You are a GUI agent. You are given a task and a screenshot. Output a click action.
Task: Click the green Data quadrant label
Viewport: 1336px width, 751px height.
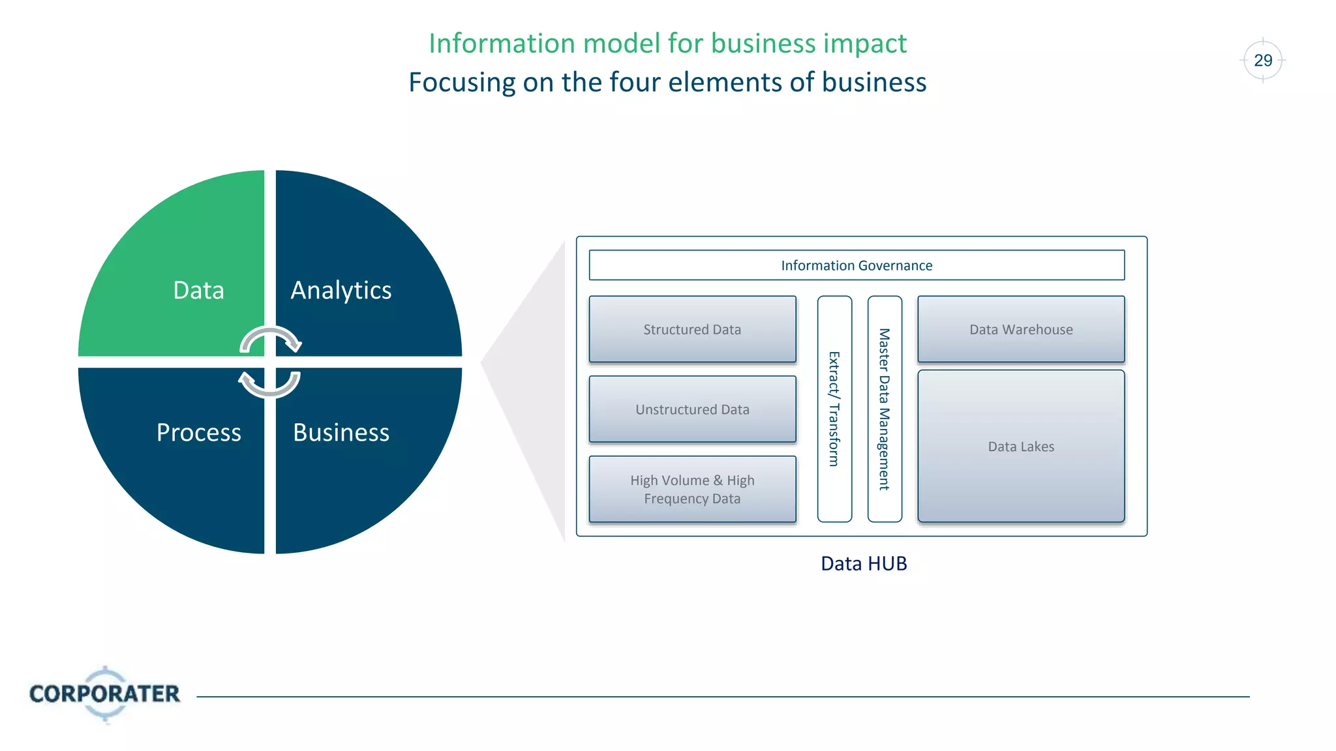point(198,290)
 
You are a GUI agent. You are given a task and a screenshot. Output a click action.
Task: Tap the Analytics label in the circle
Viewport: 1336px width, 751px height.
point(341,290)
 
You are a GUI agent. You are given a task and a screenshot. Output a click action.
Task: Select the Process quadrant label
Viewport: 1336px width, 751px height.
point(198,432)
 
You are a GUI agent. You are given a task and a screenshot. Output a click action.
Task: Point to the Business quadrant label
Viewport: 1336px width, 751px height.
point(341,432)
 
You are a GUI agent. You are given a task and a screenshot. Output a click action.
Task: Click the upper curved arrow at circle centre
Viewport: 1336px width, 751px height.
point(270,337)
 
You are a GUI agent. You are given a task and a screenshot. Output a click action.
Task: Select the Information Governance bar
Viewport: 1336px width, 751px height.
point(856,265)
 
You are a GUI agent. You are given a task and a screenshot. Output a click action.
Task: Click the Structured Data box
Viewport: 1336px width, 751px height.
point(692,329)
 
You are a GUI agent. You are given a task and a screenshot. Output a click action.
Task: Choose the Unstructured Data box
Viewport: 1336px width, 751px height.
point(692,409)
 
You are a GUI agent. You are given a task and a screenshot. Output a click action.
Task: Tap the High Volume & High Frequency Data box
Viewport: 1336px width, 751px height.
point(692,489)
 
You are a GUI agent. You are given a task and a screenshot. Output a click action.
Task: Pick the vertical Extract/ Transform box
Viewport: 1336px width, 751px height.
point(834,409)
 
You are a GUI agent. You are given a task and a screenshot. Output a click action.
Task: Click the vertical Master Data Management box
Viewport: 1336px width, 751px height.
point(885,409)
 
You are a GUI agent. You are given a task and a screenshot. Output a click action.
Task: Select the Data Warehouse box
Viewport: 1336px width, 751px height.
point(1020,329)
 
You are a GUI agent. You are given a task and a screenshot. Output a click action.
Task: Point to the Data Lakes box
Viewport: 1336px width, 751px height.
point(1020,447)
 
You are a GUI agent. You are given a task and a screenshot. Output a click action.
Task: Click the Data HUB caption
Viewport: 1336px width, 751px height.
point(863,563)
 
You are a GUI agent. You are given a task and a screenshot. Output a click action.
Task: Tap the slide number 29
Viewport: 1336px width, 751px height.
point(1262,61)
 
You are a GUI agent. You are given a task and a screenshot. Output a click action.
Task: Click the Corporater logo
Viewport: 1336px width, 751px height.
point(104,694)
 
